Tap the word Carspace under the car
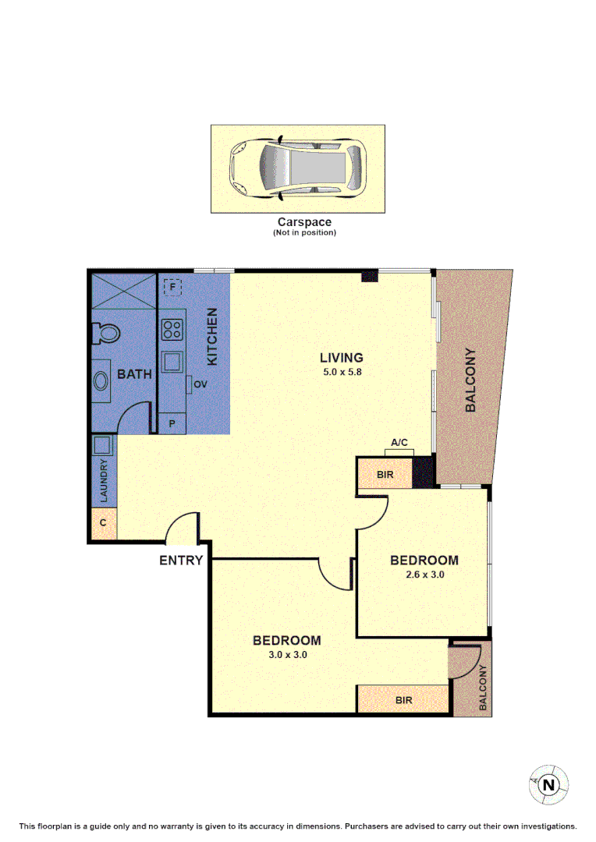tap(304, 222)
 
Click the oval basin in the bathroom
tap(102, 381)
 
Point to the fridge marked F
tap(173, 288)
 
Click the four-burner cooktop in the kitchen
tap(172, 329)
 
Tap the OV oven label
tap(200, 384)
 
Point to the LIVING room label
tap(342, 358)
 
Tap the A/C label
tap(399, 443)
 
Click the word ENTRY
tap(181, 560)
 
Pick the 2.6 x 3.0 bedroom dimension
tap(424, 575)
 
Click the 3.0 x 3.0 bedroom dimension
tap(286, 655)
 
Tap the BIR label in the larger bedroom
tap(403, 700)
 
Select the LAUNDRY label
tap(103, 481)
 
